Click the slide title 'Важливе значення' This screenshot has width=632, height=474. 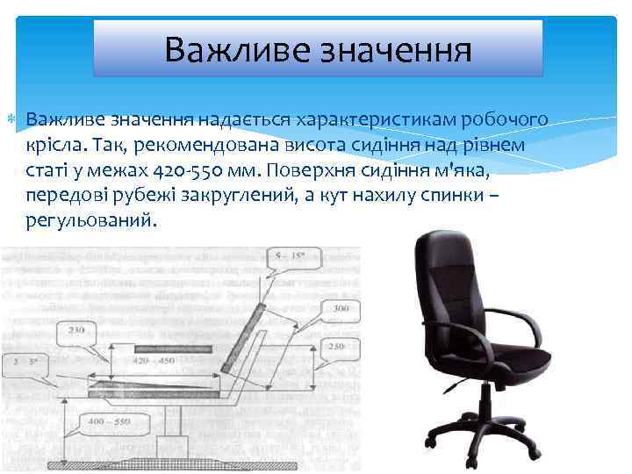[x=318, y=48]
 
